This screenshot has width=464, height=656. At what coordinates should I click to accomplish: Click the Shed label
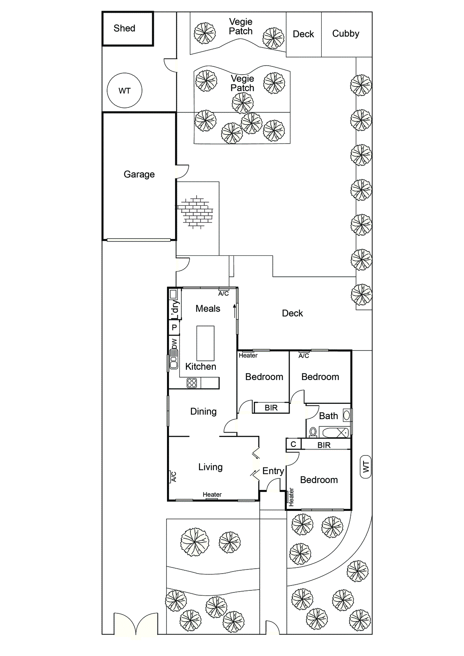(x=124, y=28)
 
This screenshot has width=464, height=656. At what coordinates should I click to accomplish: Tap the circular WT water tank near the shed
(x=124, y=91)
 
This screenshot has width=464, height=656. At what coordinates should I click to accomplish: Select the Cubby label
(x=345, y=34)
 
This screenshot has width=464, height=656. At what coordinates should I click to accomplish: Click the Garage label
(x=139, y=174)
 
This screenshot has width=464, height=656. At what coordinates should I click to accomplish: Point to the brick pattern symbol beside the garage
(x=196, y=212)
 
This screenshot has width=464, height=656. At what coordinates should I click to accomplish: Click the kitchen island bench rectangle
(x=205, y=343)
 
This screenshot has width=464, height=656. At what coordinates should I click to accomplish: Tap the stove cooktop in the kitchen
(x=192, y=383)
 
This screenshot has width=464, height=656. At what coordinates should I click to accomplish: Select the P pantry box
(x=174, y=328)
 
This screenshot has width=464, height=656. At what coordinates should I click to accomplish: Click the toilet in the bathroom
(x=313, y=432)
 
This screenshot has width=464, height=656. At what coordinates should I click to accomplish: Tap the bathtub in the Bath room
(x=335, y=433)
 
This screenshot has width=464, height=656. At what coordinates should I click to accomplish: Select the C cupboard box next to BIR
(x=293, y=444)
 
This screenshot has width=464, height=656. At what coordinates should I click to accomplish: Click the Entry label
(x=273, y=471)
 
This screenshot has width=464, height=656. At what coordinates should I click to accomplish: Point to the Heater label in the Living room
(x=212, y=494)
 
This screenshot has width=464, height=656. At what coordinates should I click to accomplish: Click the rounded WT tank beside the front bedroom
(x=366, y=467)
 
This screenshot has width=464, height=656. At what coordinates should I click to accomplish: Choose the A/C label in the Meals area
(x=224, y=294)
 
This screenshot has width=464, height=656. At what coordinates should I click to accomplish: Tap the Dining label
(x=203, y=411)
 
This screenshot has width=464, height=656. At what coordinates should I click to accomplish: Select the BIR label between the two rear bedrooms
(x=271, y=408)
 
